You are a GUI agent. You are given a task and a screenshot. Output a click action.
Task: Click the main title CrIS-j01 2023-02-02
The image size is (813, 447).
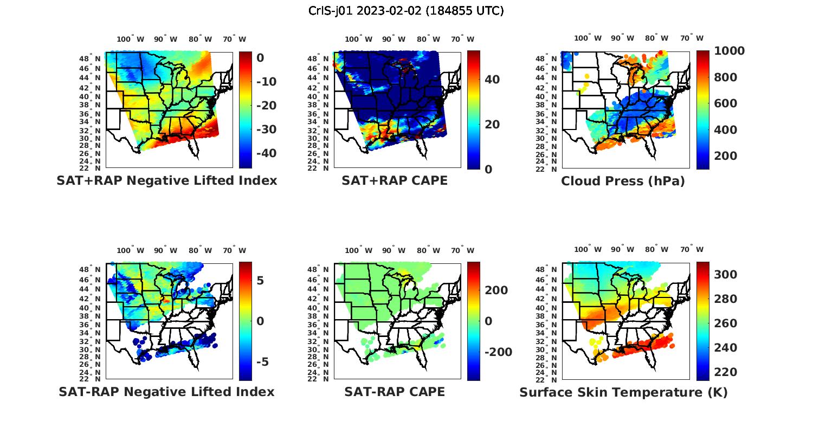(x=406, y=11)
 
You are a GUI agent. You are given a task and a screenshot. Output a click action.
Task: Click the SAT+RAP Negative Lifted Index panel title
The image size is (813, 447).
(x=167, y=180)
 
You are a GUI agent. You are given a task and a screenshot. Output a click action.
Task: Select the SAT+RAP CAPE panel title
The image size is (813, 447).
(x=395, y=180)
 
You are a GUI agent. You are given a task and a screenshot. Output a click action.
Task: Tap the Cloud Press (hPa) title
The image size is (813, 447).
(x=623, y=181)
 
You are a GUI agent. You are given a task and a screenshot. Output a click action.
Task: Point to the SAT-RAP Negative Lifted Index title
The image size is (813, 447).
(x=166, y=392)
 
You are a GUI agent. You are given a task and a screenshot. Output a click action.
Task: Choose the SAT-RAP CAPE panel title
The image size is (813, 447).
(x=395, y=392)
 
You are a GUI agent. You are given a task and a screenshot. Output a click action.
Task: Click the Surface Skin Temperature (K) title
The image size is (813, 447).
(x=623, y=392)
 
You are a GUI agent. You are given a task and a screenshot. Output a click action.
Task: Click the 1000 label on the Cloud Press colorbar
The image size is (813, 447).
(x=729, y=51)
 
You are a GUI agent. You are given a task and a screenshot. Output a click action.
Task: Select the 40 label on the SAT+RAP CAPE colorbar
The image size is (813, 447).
(x=492, y=80)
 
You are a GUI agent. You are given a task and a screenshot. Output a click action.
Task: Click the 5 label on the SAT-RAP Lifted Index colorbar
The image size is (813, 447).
(x=260, y=281)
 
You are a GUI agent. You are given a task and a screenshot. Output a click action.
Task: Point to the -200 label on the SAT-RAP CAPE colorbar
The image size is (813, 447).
(x=498, y=352)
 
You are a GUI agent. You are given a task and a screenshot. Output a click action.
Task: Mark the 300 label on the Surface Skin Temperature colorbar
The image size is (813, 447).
(x=725, y=275)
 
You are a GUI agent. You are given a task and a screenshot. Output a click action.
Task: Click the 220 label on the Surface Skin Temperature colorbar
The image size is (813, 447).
(x=725, y=372)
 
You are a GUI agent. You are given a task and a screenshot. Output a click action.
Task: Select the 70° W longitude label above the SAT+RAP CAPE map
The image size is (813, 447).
(x=463, y=39)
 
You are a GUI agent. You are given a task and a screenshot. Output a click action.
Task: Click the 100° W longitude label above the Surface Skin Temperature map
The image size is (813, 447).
(x=588, y=250)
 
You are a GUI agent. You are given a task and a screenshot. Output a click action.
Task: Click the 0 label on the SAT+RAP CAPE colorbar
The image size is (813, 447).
(x=488, y=170)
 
